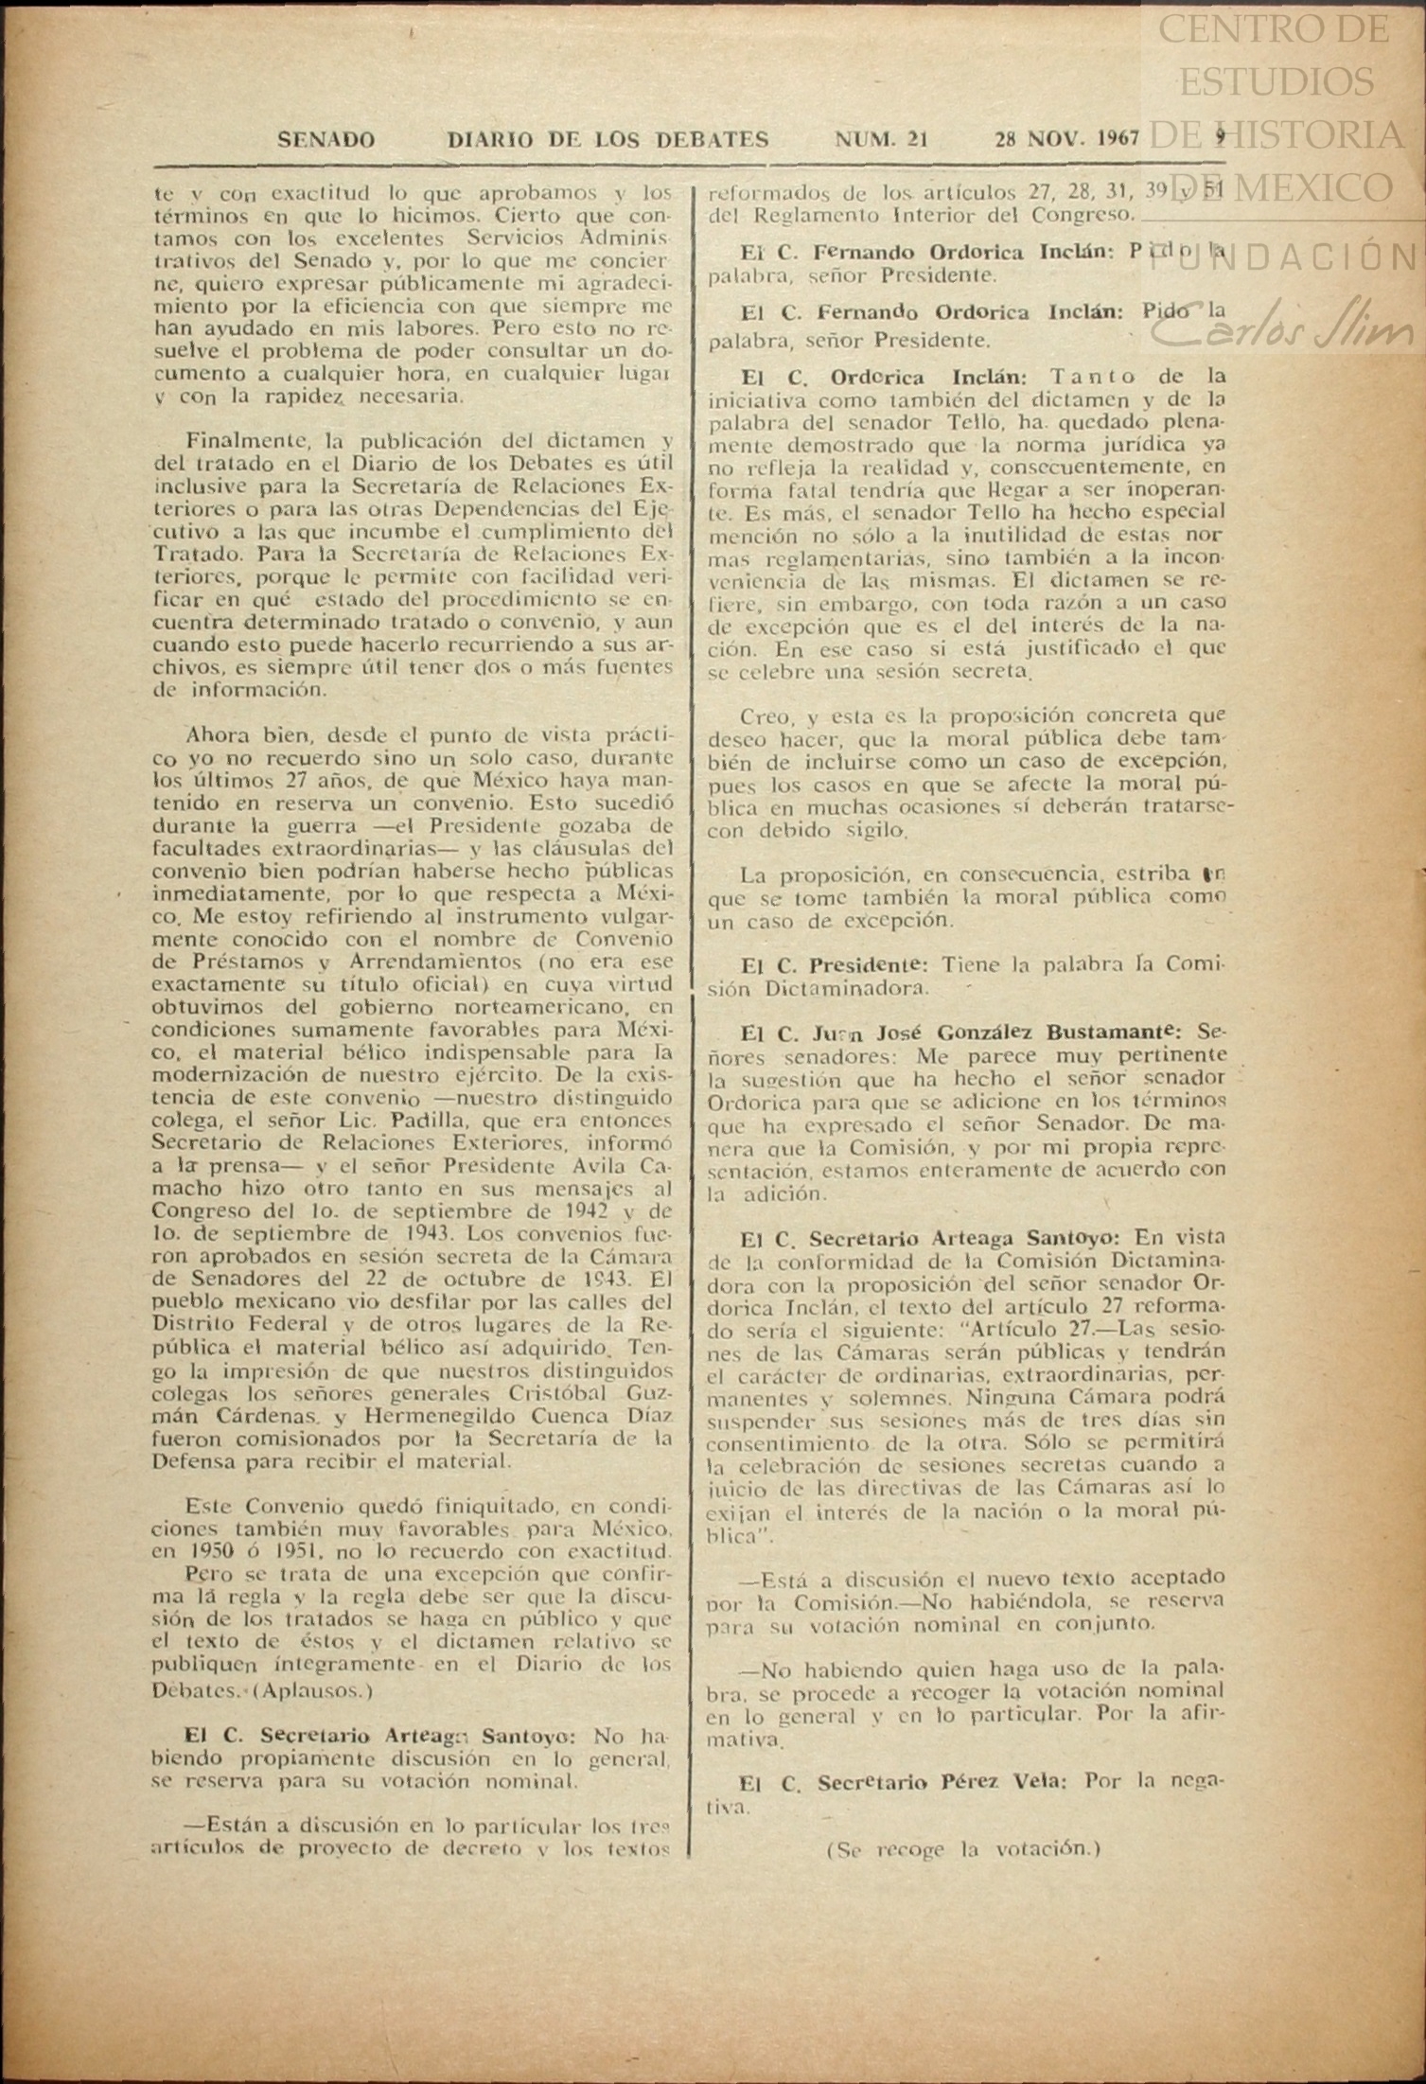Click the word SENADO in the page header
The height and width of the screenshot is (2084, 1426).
coord(326,141)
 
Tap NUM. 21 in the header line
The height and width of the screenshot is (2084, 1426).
coord(880,141)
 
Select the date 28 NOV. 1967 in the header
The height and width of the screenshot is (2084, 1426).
coord(1066,141)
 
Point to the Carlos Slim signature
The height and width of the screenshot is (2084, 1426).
coord(1288,327)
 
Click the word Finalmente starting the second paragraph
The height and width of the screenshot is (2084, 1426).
coord(238,441)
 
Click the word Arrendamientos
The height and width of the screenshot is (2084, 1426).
coord(363,963)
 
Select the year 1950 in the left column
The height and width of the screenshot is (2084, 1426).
coord(202,1553)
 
